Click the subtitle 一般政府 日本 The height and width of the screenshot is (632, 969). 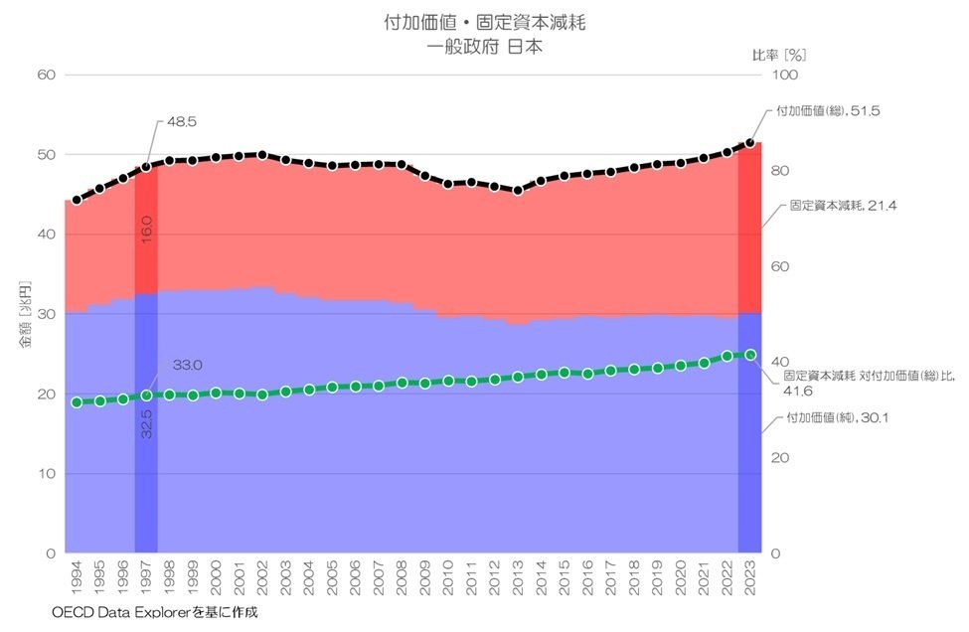click(x=485, y=46)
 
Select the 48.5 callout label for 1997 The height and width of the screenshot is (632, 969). click(x=182, y=121)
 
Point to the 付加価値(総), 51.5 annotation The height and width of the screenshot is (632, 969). click(x=830, y=112)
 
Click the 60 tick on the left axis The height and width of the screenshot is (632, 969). click(x=46, y=75)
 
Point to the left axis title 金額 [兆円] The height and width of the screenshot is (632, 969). click(x=26, y=314)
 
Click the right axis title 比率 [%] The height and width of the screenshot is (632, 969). click(x=776, y=56)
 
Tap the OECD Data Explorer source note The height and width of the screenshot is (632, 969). click(x=154, y=612)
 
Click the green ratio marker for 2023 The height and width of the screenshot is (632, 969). click(x=750, y=355)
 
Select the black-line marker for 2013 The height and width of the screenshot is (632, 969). click(x=518, y=191)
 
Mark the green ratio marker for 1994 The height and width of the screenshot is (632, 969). click(x=77, y=402)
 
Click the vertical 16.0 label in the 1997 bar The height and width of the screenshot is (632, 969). click(x=146, y=229)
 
